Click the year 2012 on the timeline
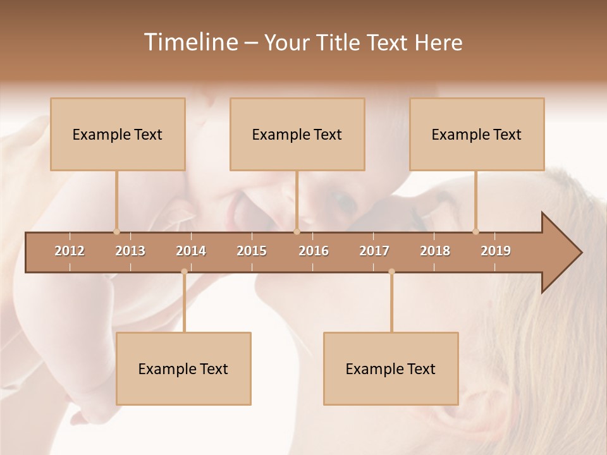pyautogui.click(x=70, y=251)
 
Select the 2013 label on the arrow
pyautogui.click(x=130, y=251)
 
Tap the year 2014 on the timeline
pyautogui.click(x=191, y=251)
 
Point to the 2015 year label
pyautogui.click(x=252, y=251)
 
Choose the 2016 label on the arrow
pyautogui.click(x=314, y=251)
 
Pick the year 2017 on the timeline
pyautogui.click(x=374, y=251)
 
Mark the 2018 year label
pyautogui.click(x=435, y=251)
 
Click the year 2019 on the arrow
pyautogui.click(x=496, y=251)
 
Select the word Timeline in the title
pyautogui.click(x=190, y=42)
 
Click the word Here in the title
pyautogui.click(x=439, y=42)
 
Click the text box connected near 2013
pyautogui.click(x=118, y=134)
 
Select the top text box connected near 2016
pyautogui.click(x=297, y=134)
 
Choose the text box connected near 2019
pyautogui.click(x=477, y=134)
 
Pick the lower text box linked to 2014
pyautogui.click(x=183, y=368)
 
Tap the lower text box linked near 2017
pyautogui.click(x=391, y=368)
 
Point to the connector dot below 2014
pyautogui.click(x=184, y=272)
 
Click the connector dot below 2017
pyautogui.click(x=391, y=272)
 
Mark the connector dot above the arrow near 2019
pyautogui.click(x=476, y=231)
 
